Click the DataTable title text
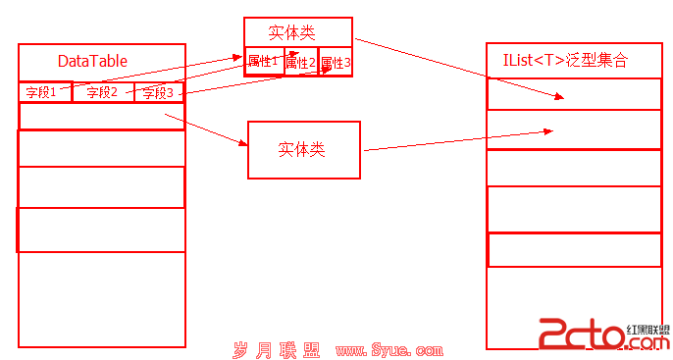(x=92, y=61)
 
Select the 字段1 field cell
(x=45, y=92)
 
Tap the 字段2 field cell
(x=103, y=92)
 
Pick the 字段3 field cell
(x=159, y=92)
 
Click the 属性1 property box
(x=265, y=62)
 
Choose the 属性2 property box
(x=301, y=62)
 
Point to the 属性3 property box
(x=336, y=62)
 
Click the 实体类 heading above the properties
(x=292, y=32)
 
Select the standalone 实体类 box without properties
(x=304, y=150)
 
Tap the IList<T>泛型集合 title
(x=565, y=60)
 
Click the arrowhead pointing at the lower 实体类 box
(x=243, y=142)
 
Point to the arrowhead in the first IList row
(x=559, y=96)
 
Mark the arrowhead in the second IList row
(x=548, y=131)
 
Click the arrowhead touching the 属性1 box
(x=237, y=57)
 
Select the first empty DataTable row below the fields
(x=102, y=116)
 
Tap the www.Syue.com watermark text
(x=389, y=350)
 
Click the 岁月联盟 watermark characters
(x=277, y=350)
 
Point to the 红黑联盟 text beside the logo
(x=648, y=330)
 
